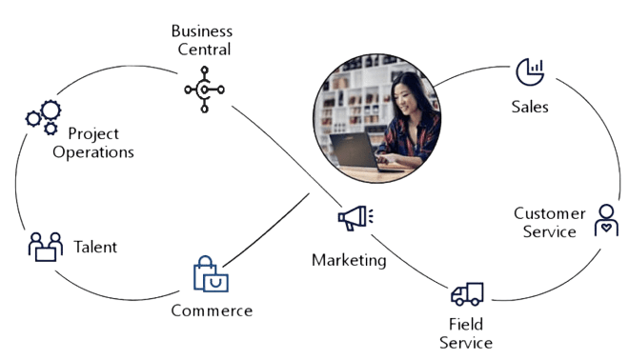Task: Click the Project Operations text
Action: (94, 143)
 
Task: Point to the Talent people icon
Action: (44, 247)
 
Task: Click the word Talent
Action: (95, 247)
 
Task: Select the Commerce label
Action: (212, 310)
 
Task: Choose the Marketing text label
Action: (350, 259)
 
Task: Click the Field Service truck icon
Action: (467, 294)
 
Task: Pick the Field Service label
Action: (465, 333)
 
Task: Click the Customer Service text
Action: (545, 222)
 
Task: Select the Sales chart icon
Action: (530, 70)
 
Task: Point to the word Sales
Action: (530, 107)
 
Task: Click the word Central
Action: (204, 50)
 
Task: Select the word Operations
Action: (93, 151)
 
